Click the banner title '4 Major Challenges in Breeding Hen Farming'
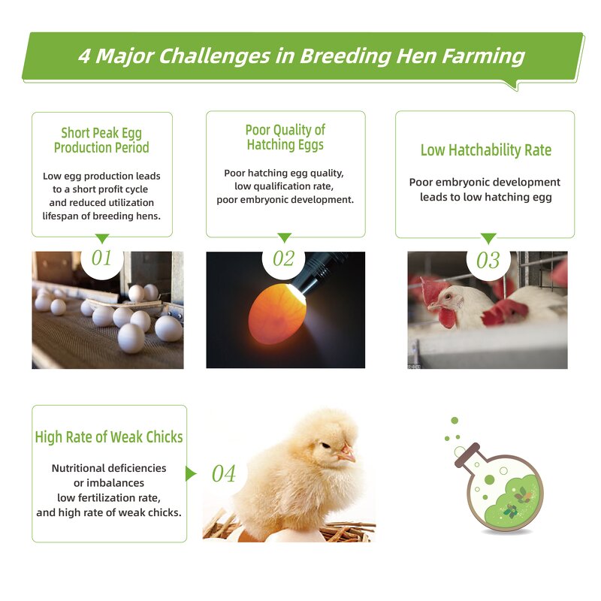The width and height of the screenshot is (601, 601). coord(300,56)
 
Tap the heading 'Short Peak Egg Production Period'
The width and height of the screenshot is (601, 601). coord(101,140)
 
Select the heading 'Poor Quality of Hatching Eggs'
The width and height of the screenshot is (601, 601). coord(285,137)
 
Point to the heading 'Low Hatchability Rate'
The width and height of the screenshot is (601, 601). coord(485,150)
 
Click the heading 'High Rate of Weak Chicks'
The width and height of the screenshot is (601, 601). coord(109,437)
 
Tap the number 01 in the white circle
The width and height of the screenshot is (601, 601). coord(101,258)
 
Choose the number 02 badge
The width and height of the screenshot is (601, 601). coord(283,259)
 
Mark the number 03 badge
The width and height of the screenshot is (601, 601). coord(488,261)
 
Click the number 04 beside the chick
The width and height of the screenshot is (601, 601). coord(223,474)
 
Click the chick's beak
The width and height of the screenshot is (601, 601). coord(346,454)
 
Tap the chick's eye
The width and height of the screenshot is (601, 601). coord(325,445)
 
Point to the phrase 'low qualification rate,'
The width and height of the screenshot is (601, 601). coord(285,186)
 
